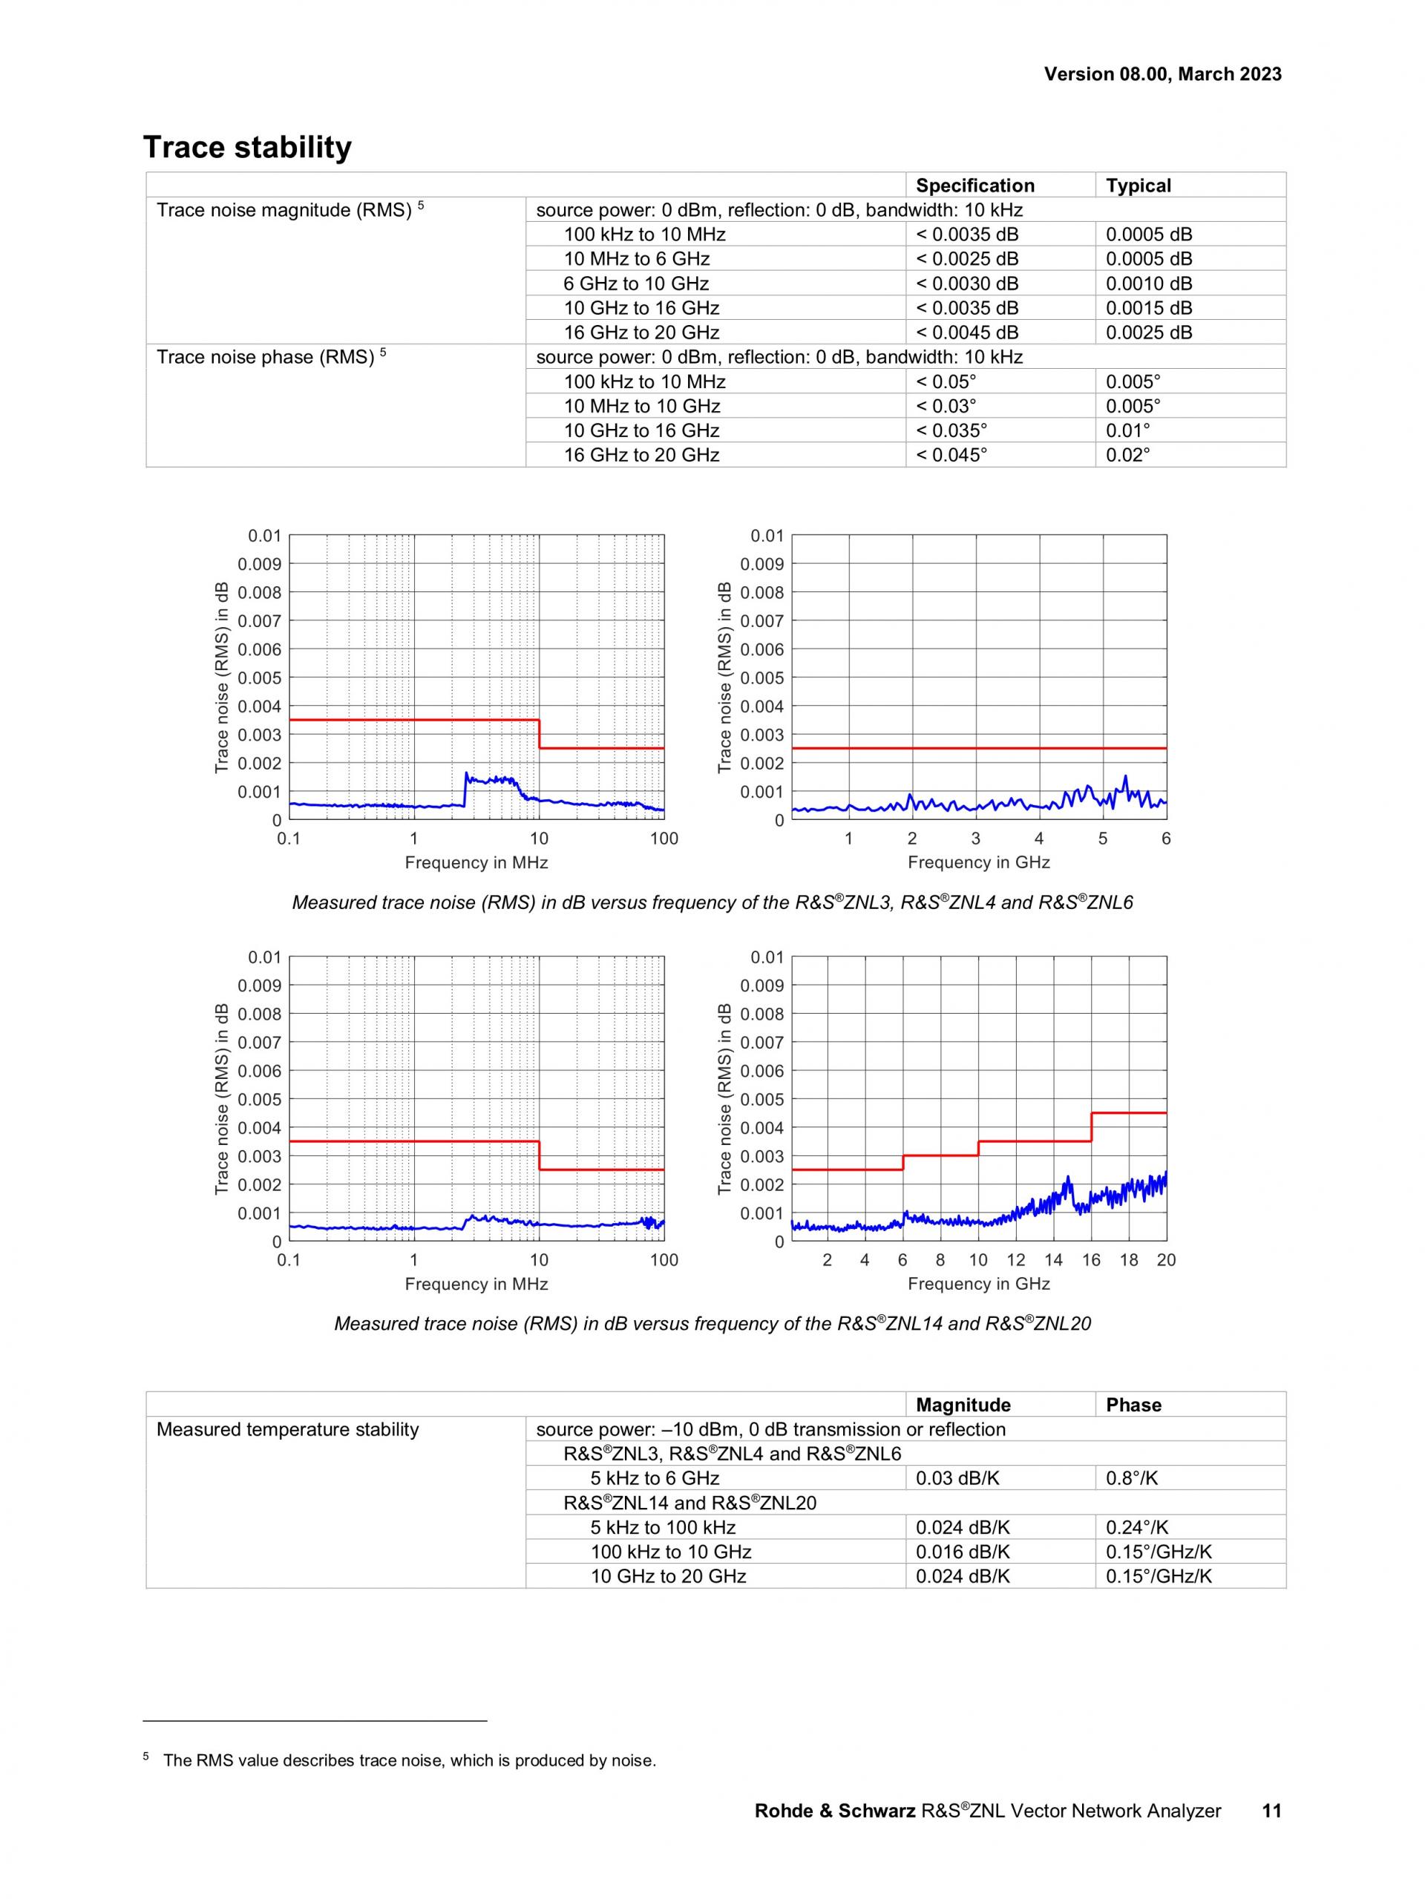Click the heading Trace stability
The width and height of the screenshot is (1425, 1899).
247,148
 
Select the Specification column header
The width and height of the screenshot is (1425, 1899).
974,186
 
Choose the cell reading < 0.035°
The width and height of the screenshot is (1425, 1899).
951,430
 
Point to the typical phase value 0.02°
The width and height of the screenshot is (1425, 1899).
1127,455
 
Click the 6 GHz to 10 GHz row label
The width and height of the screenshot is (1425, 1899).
636,283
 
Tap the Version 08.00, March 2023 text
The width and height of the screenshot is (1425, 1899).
1162,73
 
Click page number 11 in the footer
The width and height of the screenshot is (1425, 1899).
1271,1811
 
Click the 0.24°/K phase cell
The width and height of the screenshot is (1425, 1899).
1136,1527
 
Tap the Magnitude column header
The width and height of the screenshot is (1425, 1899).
963,1406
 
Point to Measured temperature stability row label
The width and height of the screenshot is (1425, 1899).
287,1429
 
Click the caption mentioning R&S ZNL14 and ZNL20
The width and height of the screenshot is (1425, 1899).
712,1324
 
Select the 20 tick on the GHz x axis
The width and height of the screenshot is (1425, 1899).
1166,1260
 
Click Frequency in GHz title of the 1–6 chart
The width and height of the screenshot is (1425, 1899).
979,862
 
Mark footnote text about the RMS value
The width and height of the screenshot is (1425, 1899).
410,1761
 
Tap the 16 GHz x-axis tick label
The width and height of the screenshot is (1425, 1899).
1090,1260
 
